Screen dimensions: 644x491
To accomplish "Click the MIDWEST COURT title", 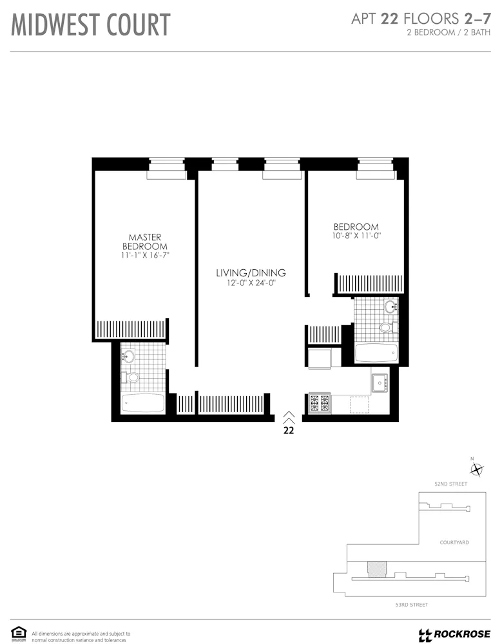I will (91, 25).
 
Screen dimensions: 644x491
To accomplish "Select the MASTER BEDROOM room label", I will (145, 241).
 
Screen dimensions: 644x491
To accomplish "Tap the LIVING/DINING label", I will (251, 273).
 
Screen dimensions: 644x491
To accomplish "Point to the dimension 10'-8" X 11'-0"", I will (356, 236).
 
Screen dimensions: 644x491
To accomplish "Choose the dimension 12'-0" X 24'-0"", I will (251, 283).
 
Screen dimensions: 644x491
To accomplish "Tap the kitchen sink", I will (378, 383).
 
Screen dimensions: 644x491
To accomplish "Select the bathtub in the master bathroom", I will (143, 404).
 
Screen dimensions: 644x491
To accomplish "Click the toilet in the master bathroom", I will (133, 377).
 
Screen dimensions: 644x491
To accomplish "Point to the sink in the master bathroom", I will (128, 355).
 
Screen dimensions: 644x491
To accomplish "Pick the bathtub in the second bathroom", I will (376, 353).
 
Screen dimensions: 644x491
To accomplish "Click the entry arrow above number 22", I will (289, 417).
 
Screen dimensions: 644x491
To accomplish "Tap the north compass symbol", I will (476, 468).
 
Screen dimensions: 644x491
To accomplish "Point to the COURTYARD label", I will (454, 543).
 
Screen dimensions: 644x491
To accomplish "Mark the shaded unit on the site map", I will (375, 569).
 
